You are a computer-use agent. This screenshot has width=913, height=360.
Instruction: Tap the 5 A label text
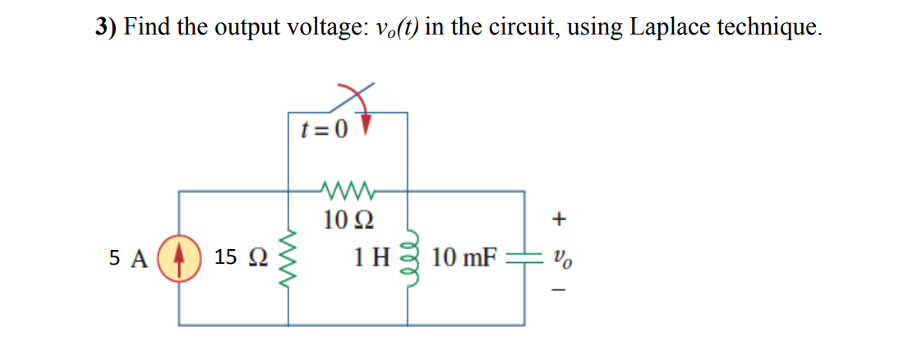coord(128,258)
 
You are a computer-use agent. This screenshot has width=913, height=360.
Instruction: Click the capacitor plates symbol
coord(524,258)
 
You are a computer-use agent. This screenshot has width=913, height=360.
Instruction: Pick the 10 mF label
coord(464,258)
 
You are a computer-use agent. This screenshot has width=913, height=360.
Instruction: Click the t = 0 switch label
coord(323,128)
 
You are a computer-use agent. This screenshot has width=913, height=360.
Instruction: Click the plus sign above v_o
coord(560,219)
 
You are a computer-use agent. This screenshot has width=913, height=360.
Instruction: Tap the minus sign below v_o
coord(560,290)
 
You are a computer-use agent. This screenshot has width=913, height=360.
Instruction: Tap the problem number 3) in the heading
coord(105,26)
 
